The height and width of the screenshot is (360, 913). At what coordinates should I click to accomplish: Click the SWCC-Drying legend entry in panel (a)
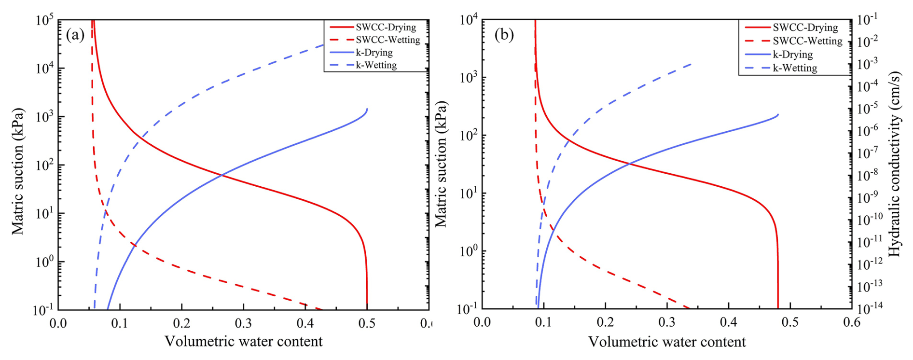pyautogui.click(x=385, y=28)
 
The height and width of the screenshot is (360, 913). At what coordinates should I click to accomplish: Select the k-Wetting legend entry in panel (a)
pyautogui.click(x=376, y=65)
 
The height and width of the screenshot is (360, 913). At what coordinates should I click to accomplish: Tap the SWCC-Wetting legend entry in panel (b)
pyautogui.click(x=807, y=41)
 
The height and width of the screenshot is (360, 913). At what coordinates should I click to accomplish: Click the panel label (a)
pyautogui.click(x=75, y=35)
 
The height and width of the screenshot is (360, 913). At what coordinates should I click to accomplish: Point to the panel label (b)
pyautogui.click(x=504, y=35)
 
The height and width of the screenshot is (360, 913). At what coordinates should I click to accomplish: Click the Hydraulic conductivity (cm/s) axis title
pyautogui.click(x=894, y=164)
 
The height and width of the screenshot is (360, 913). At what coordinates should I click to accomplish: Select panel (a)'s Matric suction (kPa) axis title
pyautogui.click(x=18, y=171)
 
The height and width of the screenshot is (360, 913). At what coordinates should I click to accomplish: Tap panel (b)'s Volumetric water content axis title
pyautogui.click(x=666, y=342)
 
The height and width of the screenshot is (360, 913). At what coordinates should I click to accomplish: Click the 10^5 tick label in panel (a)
pyautogui.click(x=44, y=21)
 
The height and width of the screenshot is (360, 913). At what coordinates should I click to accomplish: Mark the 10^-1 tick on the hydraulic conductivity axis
pyautogui.click(x=867, y=19)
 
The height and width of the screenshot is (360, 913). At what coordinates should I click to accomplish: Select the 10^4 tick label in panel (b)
pyautogui.click(x=469, y=20)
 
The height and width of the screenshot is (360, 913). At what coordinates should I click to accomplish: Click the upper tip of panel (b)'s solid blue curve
pyautogui.click(x=778, y=114)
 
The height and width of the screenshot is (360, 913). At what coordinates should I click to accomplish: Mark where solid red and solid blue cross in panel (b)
pyautogui.click(x=629, y=164)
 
